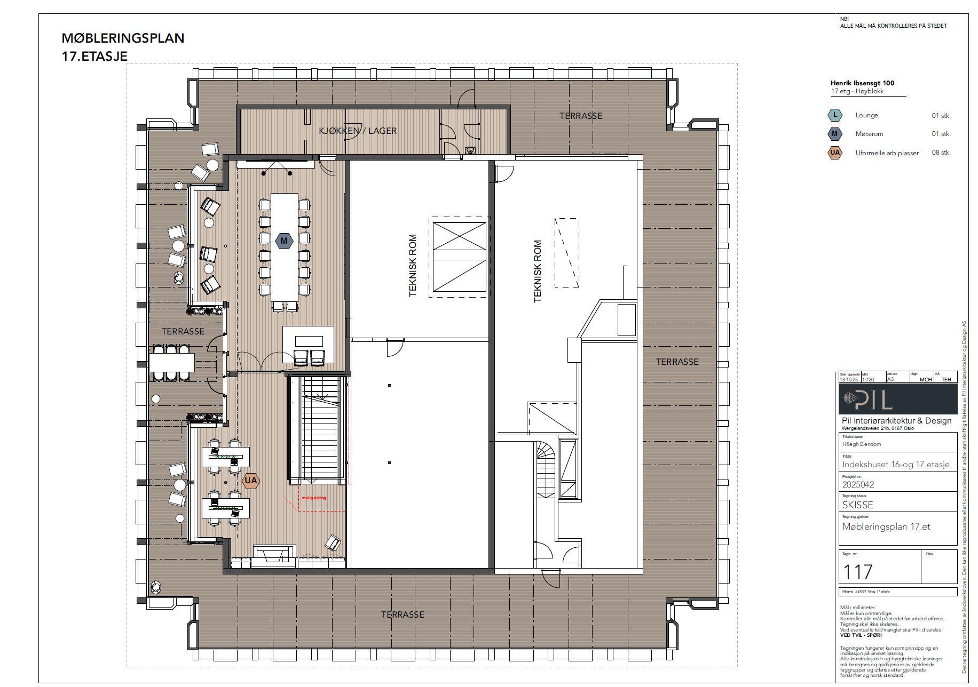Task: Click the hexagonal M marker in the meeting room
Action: click(284, 241)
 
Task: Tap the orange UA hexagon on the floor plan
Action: click(251, 481)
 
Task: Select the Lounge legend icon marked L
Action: click(835, 115)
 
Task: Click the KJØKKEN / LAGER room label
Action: click(358, 131)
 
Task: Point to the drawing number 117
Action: click(857, 572)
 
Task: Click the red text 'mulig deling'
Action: click(314, 498)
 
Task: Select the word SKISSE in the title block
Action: click(858, 505)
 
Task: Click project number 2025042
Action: click(858, 485)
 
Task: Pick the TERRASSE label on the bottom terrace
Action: click(403, 614)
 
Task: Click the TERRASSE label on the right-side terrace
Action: click(677, 362)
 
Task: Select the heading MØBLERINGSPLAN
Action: click(123, 38)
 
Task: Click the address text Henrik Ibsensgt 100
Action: click(862, 83)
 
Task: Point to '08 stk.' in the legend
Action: click(941, 153)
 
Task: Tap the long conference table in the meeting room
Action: click(285, 248)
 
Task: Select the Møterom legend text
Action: click(869, 134)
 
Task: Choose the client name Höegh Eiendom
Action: click(862, 444)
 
